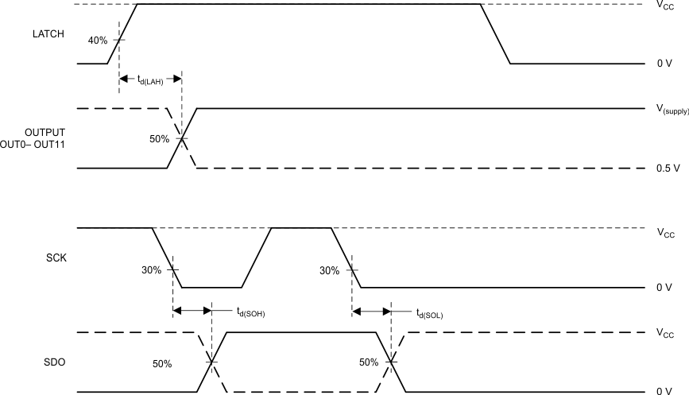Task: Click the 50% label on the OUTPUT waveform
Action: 160,139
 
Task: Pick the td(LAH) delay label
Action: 150,79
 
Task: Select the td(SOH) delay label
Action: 250,312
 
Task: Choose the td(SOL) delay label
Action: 429,312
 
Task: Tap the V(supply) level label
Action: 672,110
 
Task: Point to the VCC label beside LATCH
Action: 666,6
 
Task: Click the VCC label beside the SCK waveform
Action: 666,234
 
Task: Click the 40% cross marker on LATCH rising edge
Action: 118,40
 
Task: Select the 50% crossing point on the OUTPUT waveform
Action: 182,138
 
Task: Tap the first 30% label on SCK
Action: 152,270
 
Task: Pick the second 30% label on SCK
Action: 330,270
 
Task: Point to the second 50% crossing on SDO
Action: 391,362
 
